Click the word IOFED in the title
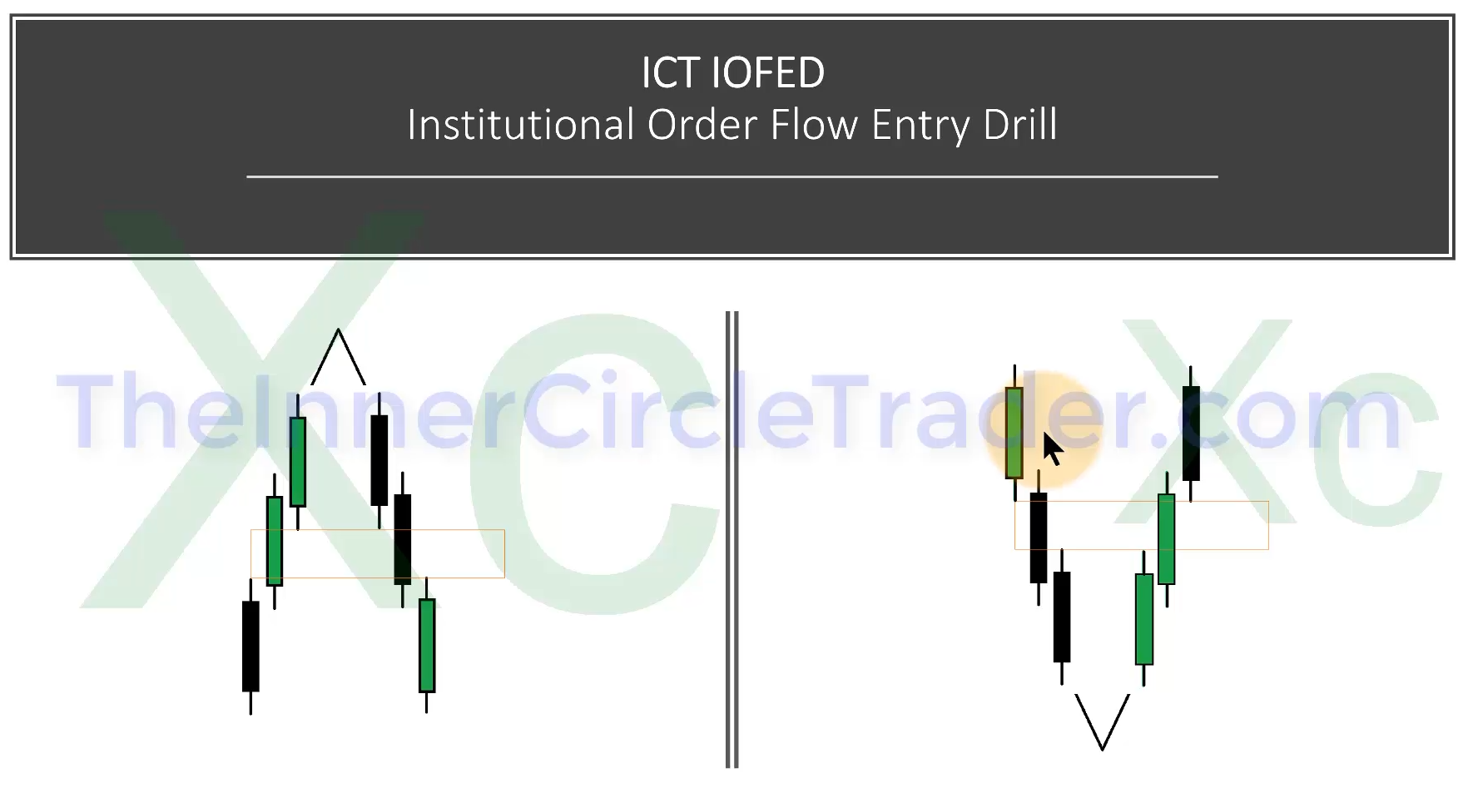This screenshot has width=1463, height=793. tap(768, 72)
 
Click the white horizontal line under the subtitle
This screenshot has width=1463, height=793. tap(732, 176)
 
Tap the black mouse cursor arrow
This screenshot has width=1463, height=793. tap(1053, 449)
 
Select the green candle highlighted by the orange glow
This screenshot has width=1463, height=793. tap(1014, 433)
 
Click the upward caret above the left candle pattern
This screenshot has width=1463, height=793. tap(338, 357)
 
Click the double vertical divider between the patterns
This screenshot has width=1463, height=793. tap(732, 539)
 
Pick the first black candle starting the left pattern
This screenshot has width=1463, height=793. tap(250, 646)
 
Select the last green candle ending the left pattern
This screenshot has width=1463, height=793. tap(427, 645)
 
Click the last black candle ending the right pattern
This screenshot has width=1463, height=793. tap(1191, 433)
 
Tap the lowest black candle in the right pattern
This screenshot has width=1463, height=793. tap(1062, 617)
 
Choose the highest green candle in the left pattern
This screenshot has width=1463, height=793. tap(298, 461)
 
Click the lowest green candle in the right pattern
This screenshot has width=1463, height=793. tap(1144, 619)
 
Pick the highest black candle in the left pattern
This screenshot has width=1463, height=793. tap(379, 460)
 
